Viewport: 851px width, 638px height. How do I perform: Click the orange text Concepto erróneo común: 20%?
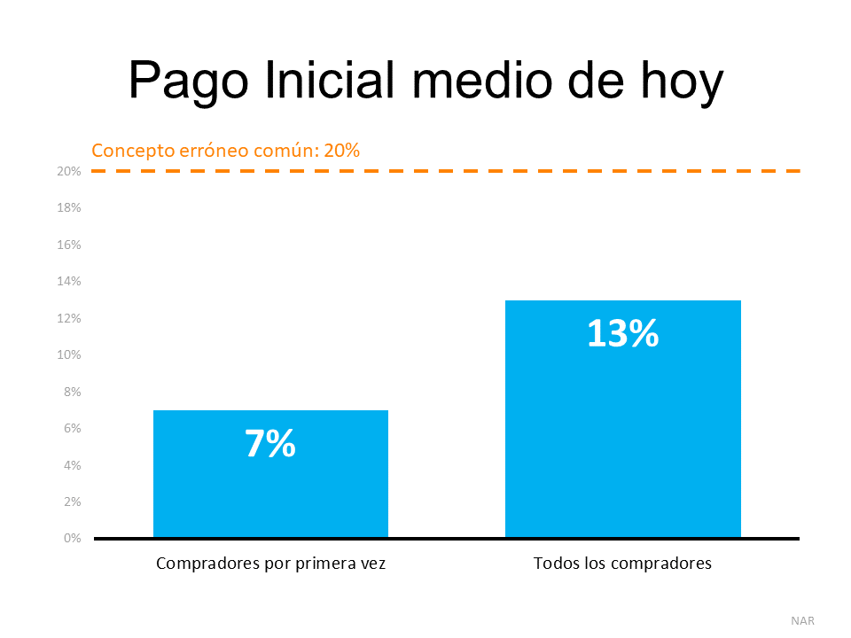226,150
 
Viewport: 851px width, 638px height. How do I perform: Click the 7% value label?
270,444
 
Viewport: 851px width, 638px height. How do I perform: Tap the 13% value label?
622,333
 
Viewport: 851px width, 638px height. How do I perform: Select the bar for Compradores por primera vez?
270,496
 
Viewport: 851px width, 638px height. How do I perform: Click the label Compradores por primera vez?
270,564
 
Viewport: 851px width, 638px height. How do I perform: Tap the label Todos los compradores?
622,564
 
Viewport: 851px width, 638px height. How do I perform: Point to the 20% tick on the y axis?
69,171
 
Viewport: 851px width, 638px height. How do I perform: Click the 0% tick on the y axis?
72,538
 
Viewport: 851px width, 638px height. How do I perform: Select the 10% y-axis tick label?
69,354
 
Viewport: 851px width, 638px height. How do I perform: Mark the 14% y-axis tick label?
69,281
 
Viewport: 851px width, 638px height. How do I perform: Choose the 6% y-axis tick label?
72,428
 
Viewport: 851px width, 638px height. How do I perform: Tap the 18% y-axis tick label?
69,207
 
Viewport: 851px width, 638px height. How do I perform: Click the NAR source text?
802,620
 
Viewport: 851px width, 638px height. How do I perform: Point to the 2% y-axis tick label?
72,502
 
